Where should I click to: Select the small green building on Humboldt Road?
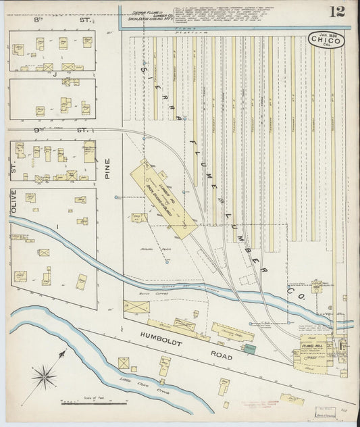250,348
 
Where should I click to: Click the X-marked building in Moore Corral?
138,307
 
